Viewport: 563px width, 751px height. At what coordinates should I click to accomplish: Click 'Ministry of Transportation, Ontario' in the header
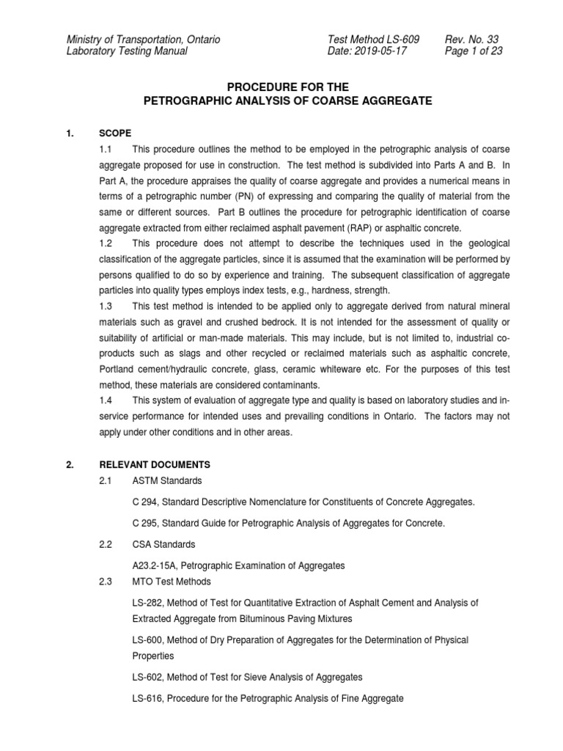coord(143,39)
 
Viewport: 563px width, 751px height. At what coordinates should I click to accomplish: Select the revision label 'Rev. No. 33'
coord(474,39)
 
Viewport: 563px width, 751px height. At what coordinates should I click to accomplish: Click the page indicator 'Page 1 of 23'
coord(474,51)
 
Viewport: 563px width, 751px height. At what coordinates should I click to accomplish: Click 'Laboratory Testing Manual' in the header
coord(127,51)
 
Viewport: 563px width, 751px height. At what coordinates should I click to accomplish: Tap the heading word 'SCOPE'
coord(115,133)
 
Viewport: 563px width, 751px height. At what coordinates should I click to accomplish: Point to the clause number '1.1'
coord(106,150)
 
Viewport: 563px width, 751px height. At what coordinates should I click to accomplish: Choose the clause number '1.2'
coord(106,243)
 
